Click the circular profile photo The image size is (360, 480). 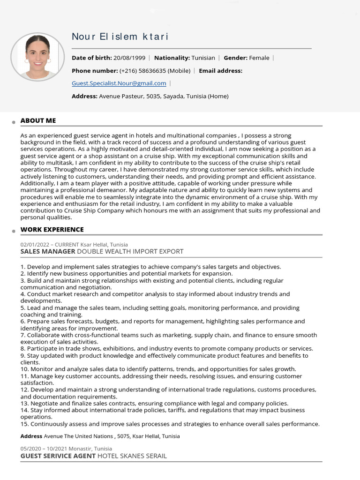pos(37,57)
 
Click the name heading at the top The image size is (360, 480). pos(120,37)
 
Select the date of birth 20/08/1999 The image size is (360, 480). pos(129,58)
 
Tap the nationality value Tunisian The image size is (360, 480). pos(203,58)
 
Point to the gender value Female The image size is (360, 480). pos(259,58)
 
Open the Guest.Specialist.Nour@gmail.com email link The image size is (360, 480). pos(119,83)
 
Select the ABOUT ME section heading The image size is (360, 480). pos(38,120)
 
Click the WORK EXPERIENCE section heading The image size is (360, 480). pos(52,229)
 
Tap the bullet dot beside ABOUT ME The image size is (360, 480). pos(14,122)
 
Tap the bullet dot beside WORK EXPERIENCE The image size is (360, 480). pos(14,231)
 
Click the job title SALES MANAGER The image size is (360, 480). pos(48,251)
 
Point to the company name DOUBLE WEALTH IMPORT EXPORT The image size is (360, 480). pos(130,251)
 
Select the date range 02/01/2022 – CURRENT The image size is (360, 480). pos(50,245)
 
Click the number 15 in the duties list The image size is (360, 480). pos(24,424)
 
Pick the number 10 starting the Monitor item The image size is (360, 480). pos(24,369)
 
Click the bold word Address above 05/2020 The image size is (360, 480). pos(31,436)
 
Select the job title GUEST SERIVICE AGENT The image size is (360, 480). pos(58,456)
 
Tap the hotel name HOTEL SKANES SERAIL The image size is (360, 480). pos(132,456)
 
